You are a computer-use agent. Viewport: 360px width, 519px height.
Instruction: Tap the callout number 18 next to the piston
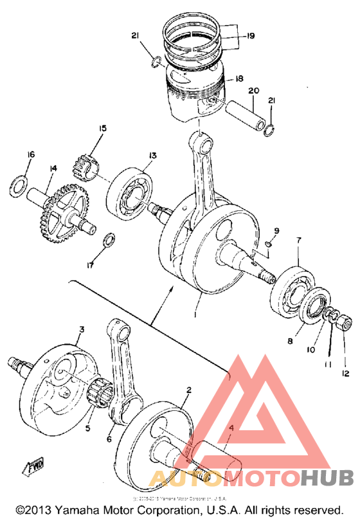pos(239,78)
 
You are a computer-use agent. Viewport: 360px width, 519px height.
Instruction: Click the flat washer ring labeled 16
pos(18,186)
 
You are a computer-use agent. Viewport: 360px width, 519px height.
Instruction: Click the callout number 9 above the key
pos(276,230)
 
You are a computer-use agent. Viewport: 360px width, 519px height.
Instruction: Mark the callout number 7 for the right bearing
pos(298,241)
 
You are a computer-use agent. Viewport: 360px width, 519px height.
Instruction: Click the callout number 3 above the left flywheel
pos(82,330)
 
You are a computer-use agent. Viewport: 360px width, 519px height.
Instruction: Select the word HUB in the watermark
pos(326,478)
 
